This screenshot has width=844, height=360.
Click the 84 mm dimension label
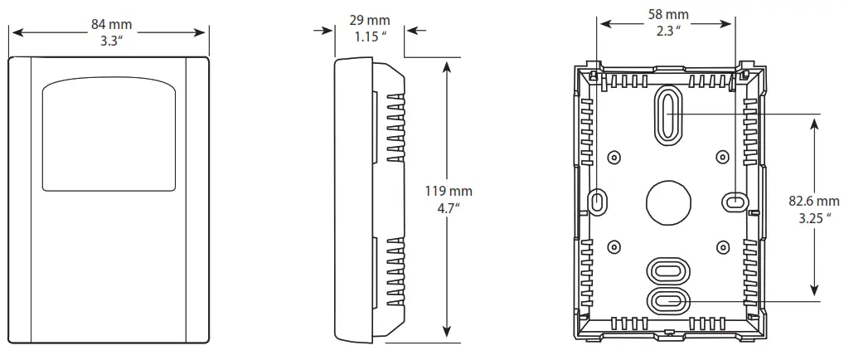[x=111, y=24]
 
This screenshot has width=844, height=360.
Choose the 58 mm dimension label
[x=668, y=15]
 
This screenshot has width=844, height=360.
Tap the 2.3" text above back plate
[x=667, y=31]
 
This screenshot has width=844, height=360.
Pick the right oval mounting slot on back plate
[x=735, y=200]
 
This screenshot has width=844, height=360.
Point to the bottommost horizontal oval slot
[x=667, y=300]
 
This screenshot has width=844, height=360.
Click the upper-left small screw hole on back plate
[x=614, y=158]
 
